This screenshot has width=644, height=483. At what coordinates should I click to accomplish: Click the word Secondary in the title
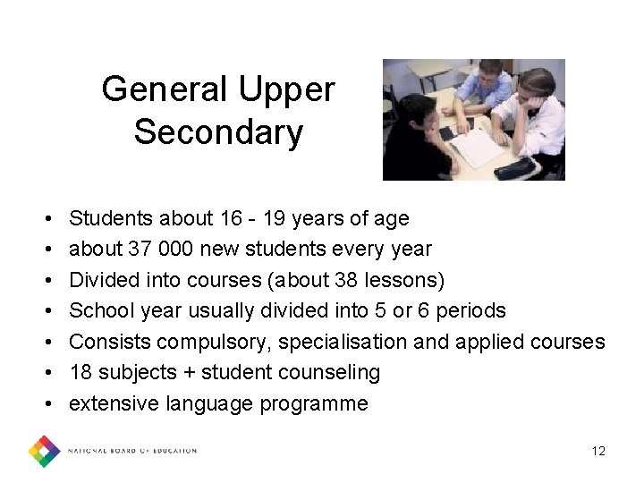pyautogui.click(x=218, y=132)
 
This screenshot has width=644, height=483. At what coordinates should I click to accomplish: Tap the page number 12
pyautogui.click(x=598, y=451)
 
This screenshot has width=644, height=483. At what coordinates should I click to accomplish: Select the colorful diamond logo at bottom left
pyautogui.click(x=44, y=451)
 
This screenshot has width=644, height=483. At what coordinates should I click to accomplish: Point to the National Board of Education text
pyautogui.click(x=132, y=451)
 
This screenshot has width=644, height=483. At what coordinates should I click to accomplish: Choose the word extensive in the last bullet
pyautogui.click(x=114, y=403)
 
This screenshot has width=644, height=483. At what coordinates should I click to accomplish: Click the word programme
pyautogui.click(x=314, y=403)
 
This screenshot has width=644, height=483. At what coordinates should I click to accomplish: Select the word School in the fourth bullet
pyautogui.click(x=100, y=310)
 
